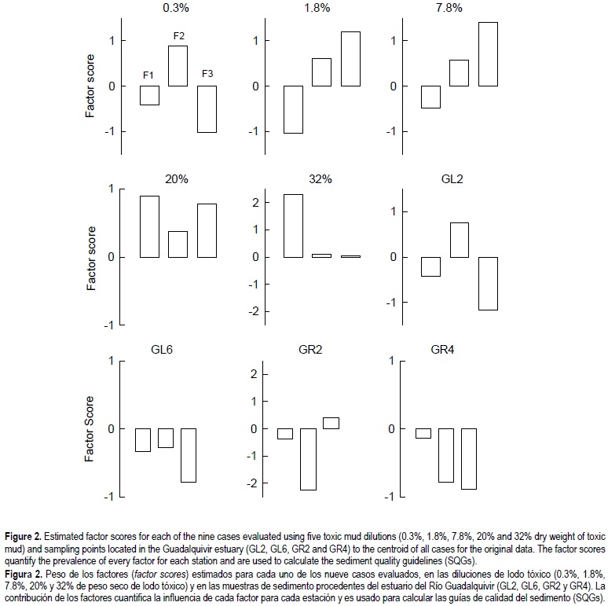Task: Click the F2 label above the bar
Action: pos(178,35)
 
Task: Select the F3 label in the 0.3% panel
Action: pos(207,75)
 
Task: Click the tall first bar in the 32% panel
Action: pos(293,226)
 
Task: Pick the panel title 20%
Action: pos(177,179)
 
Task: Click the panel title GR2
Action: pos(318,351)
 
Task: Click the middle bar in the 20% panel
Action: pos(178,244)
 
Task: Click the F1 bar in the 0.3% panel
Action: pos(150,95)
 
